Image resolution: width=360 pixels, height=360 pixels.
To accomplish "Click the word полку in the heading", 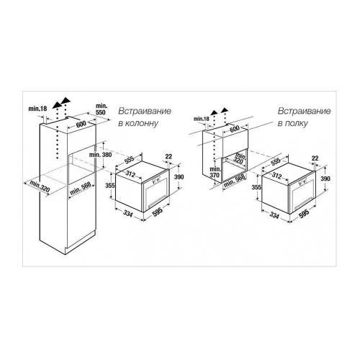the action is [x=296, y=123].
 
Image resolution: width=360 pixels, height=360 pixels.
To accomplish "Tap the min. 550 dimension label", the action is [x=102, y=109].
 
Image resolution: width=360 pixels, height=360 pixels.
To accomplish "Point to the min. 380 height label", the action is [x=101, y=155].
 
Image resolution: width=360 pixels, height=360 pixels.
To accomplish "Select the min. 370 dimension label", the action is [x=215, y=172].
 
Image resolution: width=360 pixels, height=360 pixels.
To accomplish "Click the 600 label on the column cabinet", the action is [x=81, y=125].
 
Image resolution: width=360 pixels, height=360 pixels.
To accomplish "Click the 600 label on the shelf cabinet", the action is [x=235, y=129].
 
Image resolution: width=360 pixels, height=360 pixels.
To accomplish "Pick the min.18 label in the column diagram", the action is [x=37, y=109].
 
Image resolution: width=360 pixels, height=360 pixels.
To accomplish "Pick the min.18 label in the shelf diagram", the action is [x=202, y=119].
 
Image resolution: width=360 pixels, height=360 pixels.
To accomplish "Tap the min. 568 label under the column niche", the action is [x=81, y=189].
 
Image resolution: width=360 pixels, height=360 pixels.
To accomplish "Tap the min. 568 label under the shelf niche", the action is [x=235, y=181].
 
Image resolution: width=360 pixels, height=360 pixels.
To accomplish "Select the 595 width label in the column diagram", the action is [x=158, y=211].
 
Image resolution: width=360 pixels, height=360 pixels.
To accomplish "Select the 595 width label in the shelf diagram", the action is [x=304, y=213].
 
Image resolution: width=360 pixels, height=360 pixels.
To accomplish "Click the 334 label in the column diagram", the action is [x=127, y=213].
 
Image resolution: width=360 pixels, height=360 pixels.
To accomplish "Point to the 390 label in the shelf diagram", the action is [x=325, y=179].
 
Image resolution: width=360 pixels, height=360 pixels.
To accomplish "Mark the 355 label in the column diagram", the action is [x=110, y=185].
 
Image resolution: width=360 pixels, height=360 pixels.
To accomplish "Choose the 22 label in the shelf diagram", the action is [x=315, y=158].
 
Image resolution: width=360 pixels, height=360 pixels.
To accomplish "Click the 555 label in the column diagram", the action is [x=130, y=159].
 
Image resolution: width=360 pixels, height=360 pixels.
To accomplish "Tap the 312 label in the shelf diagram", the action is [x=276, y=176].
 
